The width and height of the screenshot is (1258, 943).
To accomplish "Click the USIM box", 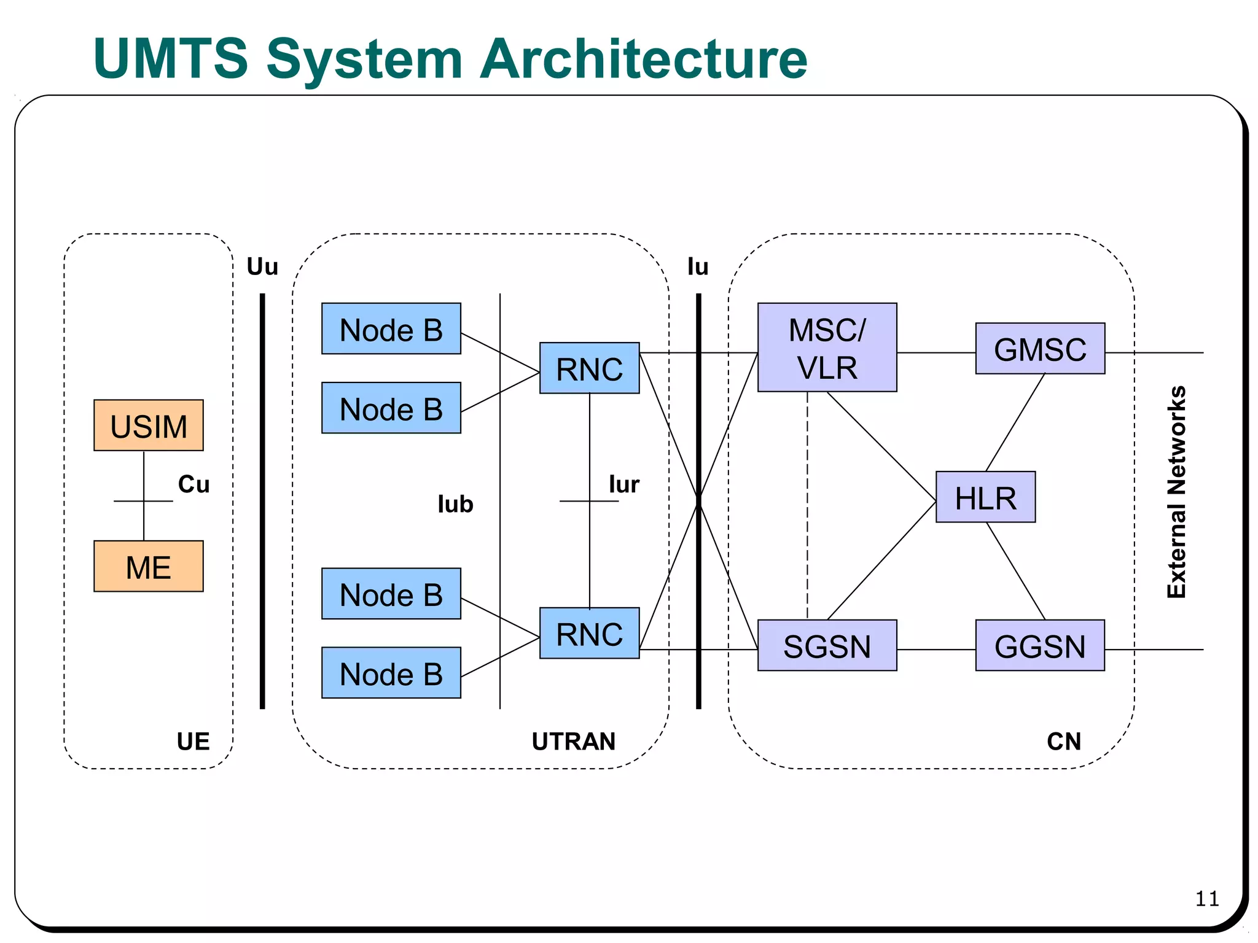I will (148, 425).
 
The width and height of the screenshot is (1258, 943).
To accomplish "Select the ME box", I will (148, 566).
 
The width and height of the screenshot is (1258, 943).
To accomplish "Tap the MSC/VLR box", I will (827, 347).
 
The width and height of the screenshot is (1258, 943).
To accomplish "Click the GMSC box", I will (1040, 349).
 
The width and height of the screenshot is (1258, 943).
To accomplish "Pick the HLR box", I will (985, 497).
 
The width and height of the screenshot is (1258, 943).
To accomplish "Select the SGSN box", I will (827, 645).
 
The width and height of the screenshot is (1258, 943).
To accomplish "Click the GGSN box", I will (1040, 645).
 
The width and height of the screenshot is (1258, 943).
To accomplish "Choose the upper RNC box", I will (589, 368).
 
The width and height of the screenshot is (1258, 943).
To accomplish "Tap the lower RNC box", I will (589, 634).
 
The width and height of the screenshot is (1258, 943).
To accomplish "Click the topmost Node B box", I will (391, 329).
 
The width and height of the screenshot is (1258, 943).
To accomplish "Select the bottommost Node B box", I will (391, 673).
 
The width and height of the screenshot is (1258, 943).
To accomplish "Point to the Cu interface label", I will (193, 484).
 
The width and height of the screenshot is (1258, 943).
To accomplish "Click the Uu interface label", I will (262, 266).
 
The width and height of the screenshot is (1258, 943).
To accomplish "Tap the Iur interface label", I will (624, 484).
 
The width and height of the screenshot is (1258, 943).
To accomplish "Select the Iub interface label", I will (455, 504).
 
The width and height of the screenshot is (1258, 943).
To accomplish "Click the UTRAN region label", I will (573, 742).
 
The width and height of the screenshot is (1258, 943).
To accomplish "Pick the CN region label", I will (1063, 742).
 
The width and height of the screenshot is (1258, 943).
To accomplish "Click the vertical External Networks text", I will (1176, 492).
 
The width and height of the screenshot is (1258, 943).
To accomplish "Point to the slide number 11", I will (1206, 899).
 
